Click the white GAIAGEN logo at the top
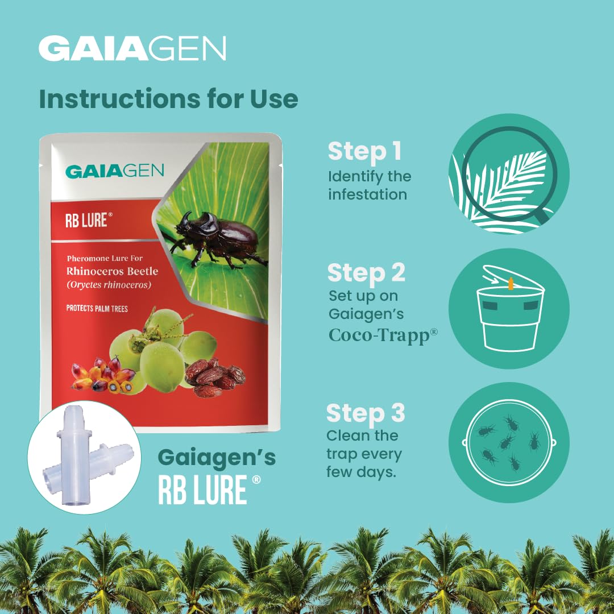[x=132, y=48]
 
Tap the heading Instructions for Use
[x=169, y=99]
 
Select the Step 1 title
[x=364, y=152]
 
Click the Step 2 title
[x=366, y=272]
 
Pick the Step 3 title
[x=366, y=413]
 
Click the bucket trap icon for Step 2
[x=509, y=309]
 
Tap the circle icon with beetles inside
[x=509, y=442]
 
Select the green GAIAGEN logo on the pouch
[x=114, y=171]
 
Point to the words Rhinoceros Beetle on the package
[x=113, y=271]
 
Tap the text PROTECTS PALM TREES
[x=97, y=309]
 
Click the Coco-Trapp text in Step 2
[x=383, y=335]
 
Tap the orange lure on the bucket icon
[x=511, y=284]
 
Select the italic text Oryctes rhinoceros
[x=109, y=285]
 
